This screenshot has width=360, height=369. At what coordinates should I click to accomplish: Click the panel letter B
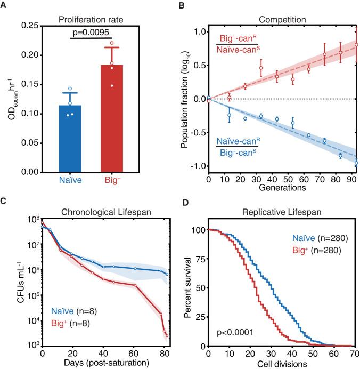190,6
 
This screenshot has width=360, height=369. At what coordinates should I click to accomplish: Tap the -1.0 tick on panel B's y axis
198,166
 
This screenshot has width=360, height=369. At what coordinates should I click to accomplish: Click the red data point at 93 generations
356,45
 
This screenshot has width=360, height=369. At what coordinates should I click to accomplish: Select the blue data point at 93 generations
356,163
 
